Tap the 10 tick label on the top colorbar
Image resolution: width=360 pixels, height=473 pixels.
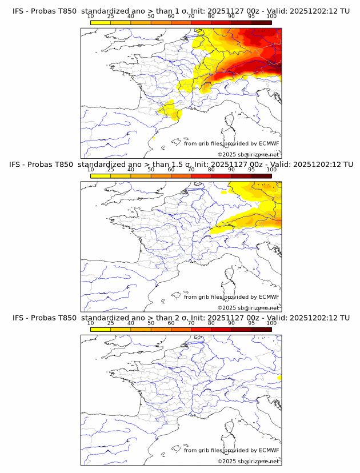coord(90,16)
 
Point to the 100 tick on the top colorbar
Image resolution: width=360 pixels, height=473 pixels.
coord(271,16)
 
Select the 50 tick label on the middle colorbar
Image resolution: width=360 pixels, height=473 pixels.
coord(151,170)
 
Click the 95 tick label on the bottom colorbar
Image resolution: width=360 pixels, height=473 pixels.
coord(251,323)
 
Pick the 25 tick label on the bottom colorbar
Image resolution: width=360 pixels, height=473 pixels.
coord(110,323)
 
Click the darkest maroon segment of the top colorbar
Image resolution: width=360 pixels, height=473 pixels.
coord(261,22)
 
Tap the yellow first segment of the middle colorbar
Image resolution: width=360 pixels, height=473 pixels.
coord(101,176)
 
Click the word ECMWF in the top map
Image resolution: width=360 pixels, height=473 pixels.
coord(269,143)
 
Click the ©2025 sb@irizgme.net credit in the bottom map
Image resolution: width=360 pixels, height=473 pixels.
coord(248,461)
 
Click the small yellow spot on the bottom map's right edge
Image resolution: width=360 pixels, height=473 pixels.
coord(279,378)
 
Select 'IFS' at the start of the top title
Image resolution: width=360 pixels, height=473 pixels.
coord(18,11)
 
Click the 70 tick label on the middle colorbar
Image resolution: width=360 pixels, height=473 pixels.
coord(191,170)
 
